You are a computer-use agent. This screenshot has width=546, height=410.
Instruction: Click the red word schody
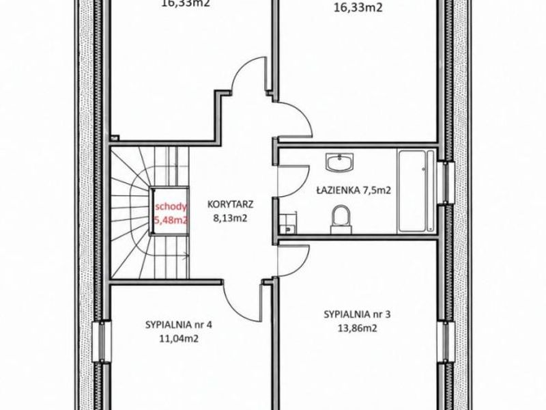point(171,207)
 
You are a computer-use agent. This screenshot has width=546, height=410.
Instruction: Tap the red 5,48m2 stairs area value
point(171,220)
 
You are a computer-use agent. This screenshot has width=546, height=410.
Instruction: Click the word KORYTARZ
point(230,204)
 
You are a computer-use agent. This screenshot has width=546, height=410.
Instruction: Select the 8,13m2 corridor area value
point(230,218)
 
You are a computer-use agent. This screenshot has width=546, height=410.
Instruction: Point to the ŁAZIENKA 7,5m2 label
point(354,191)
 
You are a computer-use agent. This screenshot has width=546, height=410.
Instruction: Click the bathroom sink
point(339,162)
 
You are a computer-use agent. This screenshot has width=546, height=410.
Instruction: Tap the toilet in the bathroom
point(341,219)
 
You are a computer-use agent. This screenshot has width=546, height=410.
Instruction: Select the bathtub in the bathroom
point(416,191)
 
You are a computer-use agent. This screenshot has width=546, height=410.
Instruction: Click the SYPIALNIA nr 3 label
point(357,314)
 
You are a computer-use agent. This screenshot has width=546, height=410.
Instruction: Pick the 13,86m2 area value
point(357,329)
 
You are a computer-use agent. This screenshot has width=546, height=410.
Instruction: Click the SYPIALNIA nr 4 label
point(179,325)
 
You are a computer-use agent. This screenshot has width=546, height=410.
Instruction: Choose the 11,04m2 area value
point(179,338)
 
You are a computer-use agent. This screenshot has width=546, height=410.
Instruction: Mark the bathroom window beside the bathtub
point(446,182)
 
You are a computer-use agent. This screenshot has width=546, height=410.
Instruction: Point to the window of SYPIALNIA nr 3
point(446,344)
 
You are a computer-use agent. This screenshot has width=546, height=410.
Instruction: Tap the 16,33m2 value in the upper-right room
point(358,8)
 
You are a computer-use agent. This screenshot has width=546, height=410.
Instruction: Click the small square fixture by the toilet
point(287,223)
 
